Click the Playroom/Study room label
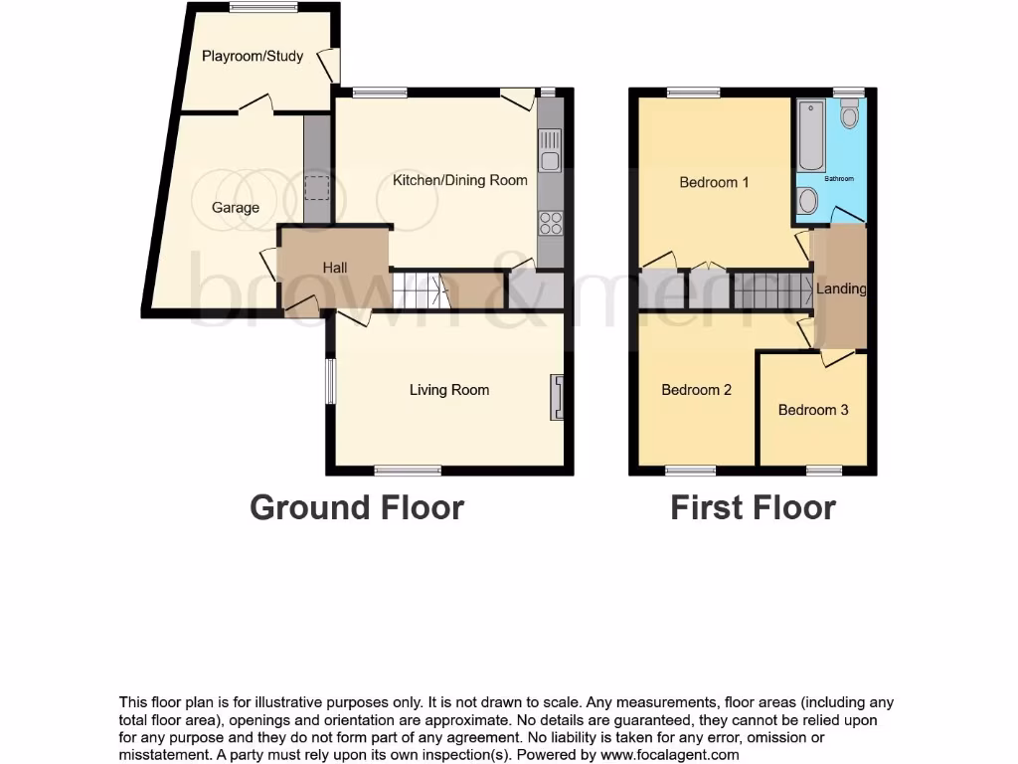click(253, 56)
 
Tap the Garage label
click(235, 208)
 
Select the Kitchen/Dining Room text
click(460, 180)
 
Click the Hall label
click(334, 268)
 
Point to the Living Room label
click(449, 390)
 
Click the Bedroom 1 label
click(714, 182)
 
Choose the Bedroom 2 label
click(696, 390)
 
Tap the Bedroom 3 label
click(813, 410)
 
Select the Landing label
click(841, 289)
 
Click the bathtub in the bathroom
click(807, 135)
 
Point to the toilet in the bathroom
click(849, 116)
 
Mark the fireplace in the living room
click(559, 397)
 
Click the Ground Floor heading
click(357, 507)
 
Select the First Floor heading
click(753, 507)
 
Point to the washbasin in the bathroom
click(807, 202)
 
